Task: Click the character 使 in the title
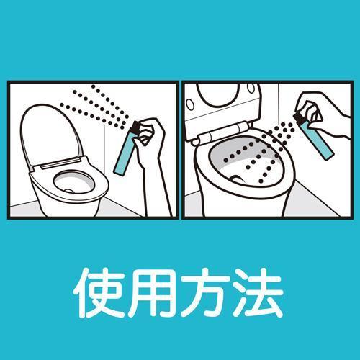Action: click(99, 292)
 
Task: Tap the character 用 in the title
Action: click(151, 293)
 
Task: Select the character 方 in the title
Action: click(204, 292)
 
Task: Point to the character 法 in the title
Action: click(258, 292)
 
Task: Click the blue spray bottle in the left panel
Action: click(125, 153)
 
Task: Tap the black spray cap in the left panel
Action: click(135, 127)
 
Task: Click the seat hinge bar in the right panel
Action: click(222, 135)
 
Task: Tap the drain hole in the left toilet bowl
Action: click(70, 191)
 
